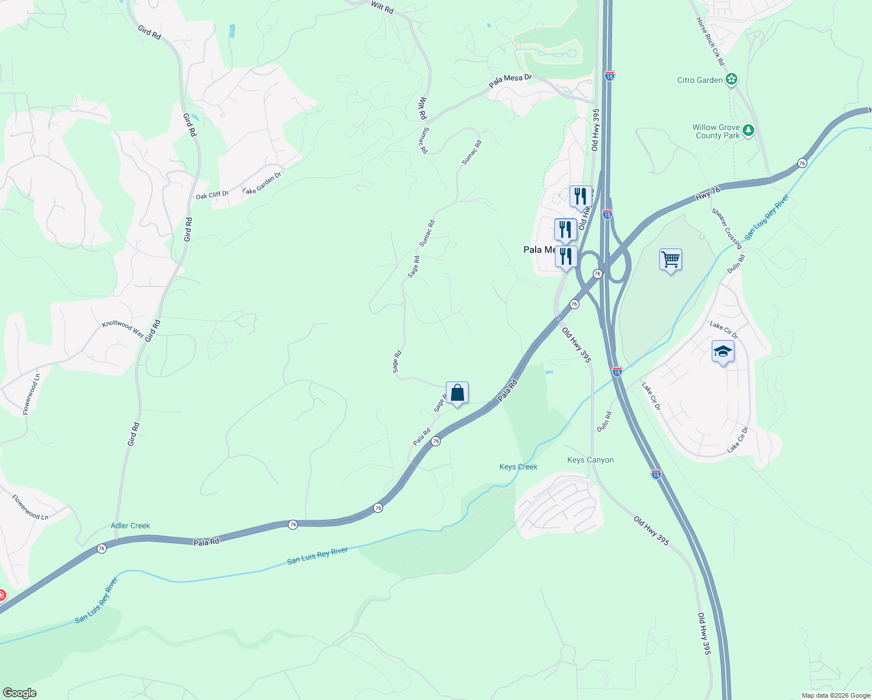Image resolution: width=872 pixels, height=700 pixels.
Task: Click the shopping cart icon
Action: [670, 260]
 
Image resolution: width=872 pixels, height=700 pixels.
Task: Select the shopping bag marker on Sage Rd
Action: [458, 393]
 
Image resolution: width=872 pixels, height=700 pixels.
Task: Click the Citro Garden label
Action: [700, 80]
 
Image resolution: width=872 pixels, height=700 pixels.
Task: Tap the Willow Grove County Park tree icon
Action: [748, 131]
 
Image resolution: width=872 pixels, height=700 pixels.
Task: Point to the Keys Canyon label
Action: [590, 460]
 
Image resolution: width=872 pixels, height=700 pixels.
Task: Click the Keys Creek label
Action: [518, 467]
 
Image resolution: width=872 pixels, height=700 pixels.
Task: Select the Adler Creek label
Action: [131, 526]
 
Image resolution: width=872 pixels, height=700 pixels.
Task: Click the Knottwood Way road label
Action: [123, 328]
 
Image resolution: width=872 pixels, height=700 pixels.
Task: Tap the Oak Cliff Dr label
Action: [212, 194]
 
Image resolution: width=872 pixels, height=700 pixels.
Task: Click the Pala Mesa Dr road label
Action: [510, 81]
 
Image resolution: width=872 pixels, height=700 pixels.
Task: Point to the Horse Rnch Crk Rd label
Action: [710, 41]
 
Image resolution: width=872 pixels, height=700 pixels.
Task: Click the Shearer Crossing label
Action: [726, 228]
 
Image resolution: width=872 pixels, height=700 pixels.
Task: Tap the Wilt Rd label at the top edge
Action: [382, 7]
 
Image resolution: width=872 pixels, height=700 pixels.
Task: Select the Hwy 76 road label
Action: [708, 194]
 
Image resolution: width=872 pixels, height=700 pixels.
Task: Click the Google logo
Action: [20, 693]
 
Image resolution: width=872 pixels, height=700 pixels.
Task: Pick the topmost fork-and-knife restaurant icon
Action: [581, 197]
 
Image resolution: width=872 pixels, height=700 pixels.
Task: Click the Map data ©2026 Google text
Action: [836, 695]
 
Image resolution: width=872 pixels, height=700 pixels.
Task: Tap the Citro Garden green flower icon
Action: [732, 79]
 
